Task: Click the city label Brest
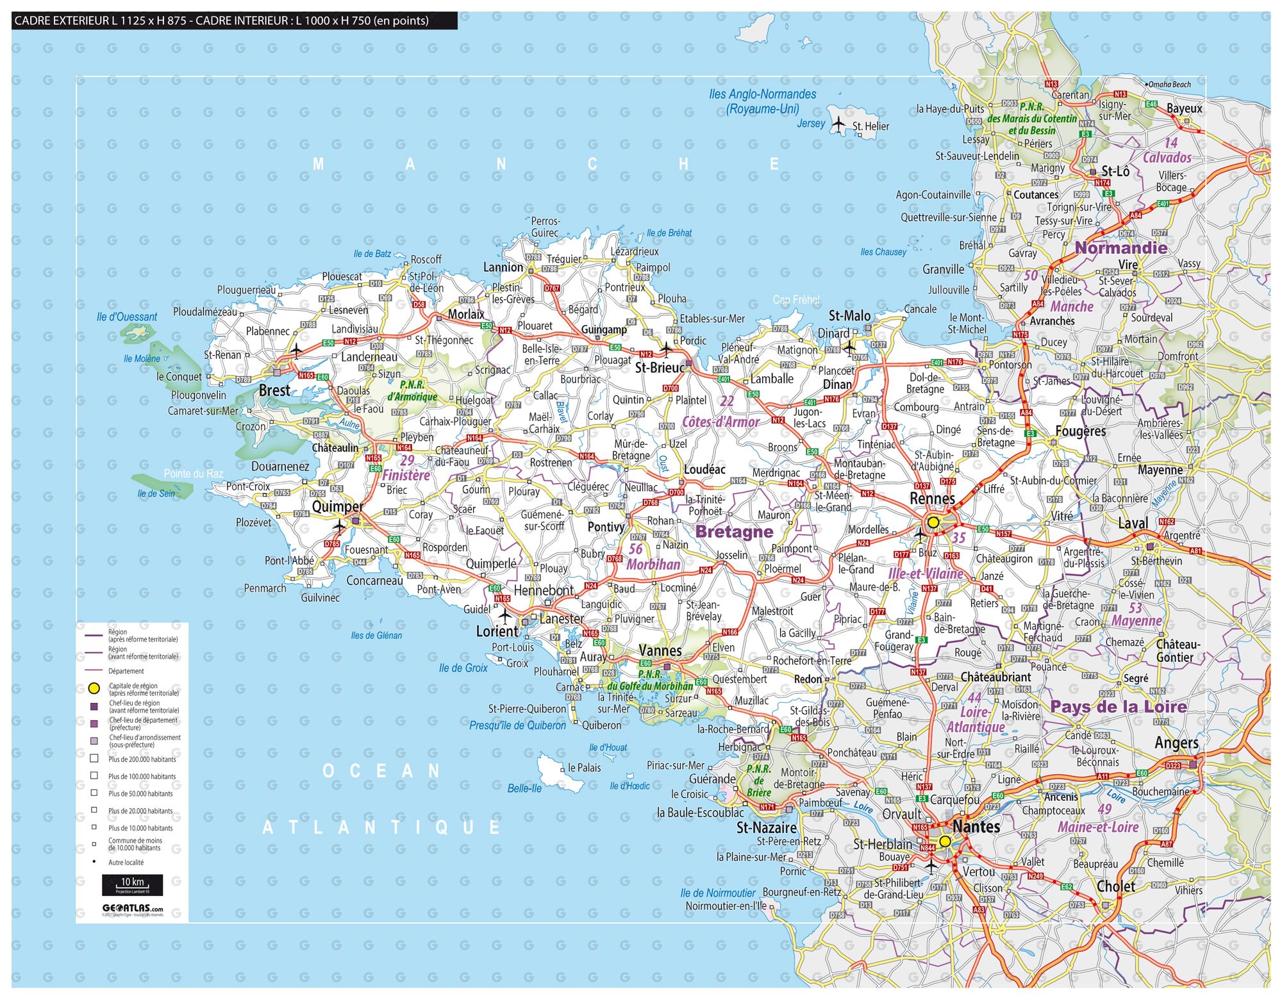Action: click(274, 390)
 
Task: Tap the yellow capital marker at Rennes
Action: click(933, 522)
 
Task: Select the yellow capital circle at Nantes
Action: click(945, 841)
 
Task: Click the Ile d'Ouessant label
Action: click(127, 317)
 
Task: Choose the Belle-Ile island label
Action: click(524, 789)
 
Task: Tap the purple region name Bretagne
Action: click(734, 532)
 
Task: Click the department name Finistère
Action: click(406, 475)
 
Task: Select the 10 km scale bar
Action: click(133, 884)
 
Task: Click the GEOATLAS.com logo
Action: click(133, 909)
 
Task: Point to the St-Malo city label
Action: click(849, 316)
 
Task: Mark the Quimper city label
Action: click(337, 507)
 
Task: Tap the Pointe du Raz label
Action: click(193, 474)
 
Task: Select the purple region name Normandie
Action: click(1120, 248)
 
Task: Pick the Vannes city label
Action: click(660, 651)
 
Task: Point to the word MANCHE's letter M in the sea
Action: click(318, 165)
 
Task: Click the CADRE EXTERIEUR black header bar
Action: click(235, 21)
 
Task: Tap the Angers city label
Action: click(1176, 743)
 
